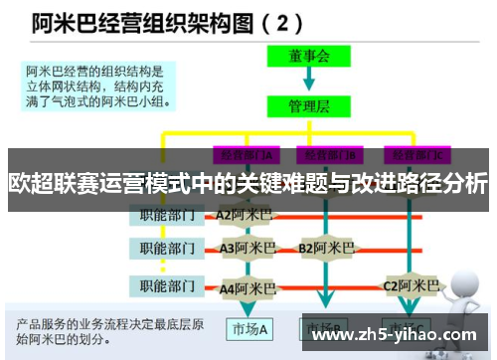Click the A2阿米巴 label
[244, 214]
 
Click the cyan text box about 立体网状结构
[96, 86]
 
